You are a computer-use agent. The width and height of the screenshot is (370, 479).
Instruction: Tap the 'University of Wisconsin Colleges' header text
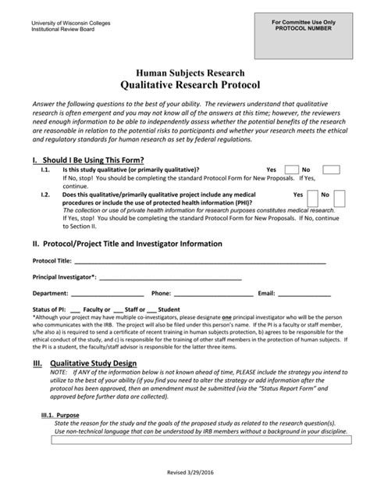tap(70, 23)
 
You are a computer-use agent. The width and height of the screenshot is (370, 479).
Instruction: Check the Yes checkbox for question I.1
tap(291, 170)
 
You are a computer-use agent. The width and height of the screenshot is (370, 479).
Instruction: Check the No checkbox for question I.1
tap(330, 170)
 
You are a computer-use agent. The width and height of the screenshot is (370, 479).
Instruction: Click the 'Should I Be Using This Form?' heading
tap(93, 159)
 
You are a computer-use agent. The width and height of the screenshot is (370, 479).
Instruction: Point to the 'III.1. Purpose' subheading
tap(58, 415)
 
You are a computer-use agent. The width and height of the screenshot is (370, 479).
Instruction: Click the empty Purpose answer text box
tap(184, 441)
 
